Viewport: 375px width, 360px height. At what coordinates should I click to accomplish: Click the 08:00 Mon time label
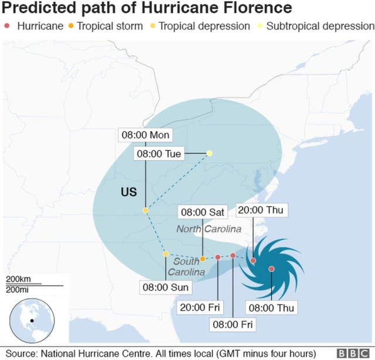coord(145,135)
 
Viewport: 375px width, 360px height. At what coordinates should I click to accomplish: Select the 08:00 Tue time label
coord(159,154)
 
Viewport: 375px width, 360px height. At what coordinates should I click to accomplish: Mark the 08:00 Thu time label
coord(272,307)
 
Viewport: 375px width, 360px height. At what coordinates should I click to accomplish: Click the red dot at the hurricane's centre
coord(271,269)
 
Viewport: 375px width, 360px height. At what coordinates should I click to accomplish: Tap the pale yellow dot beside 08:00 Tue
coord(209,153)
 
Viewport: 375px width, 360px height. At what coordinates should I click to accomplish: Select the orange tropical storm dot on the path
coord(202,259)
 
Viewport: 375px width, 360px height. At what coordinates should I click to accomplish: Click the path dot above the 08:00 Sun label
coord(166,254)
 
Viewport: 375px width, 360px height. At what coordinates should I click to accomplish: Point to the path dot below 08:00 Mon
coord(145,210)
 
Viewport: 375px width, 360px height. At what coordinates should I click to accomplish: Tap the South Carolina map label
coord(187,267)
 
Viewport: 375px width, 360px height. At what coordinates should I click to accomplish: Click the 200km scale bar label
coord(19,279)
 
